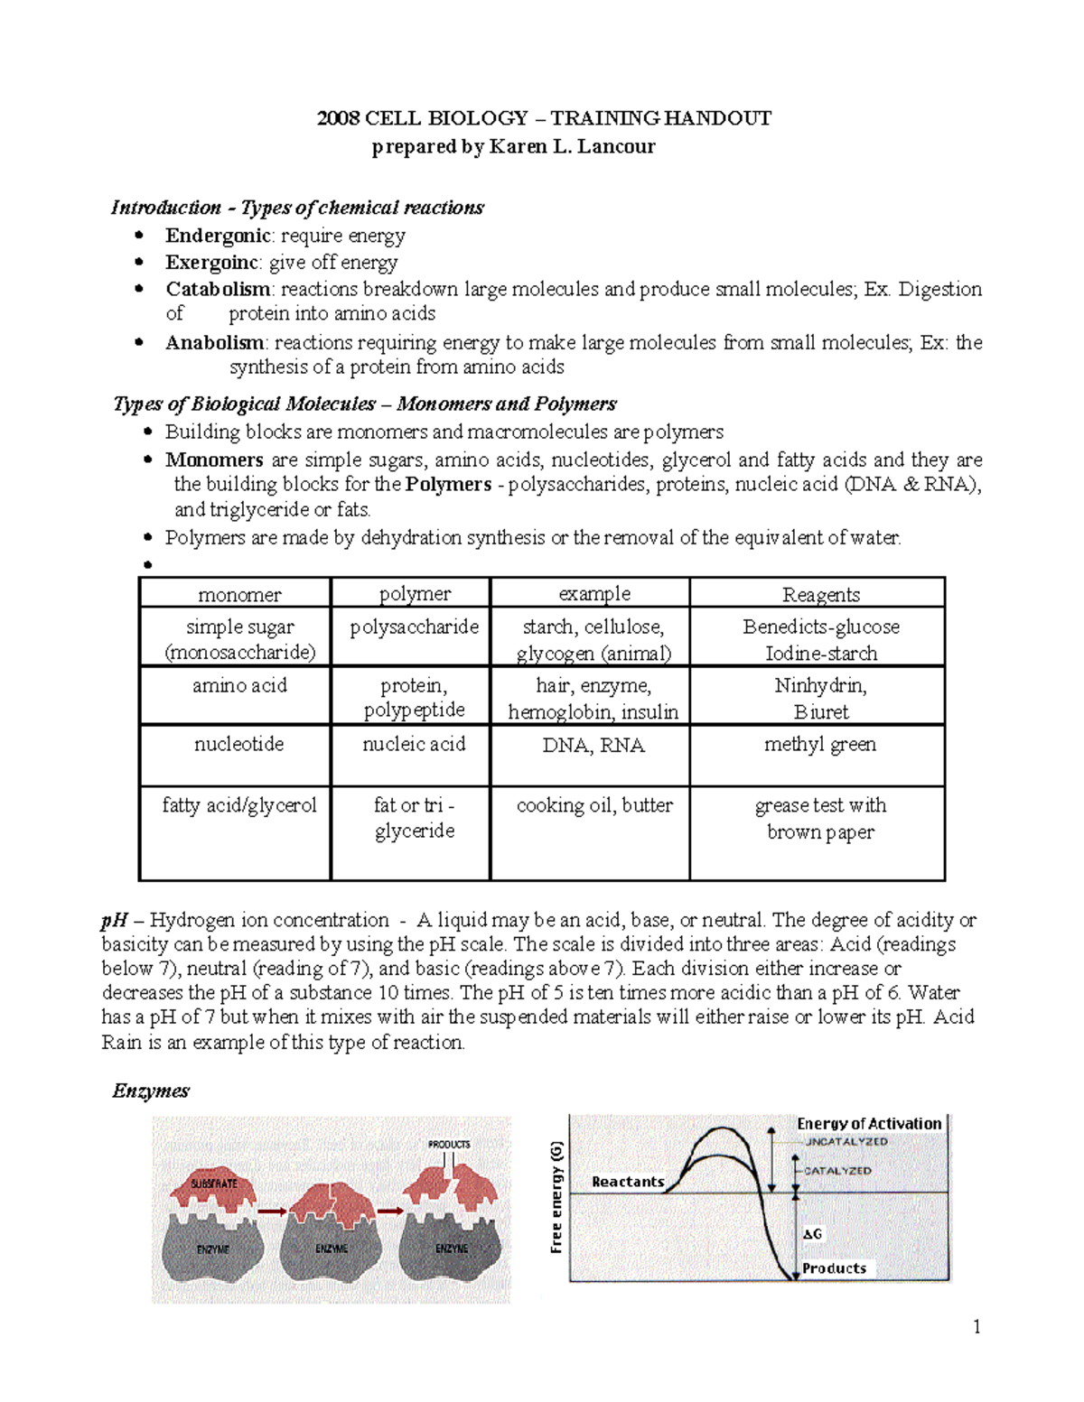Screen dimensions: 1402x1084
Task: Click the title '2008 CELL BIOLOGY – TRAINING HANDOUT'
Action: click(544, 118)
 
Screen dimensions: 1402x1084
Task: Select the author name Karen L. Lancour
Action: click(572, 146)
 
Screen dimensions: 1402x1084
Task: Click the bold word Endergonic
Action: click(218, 236)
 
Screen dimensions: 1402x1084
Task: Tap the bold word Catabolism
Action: click(218, 289)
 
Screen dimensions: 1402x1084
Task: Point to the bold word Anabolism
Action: click(214, 343)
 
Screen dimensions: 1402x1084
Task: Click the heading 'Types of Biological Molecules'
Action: click(244, 404)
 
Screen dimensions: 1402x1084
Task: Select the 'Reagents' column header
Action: click(820, 594)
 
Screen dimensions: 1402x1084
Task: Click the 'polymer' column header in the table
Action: click(414, 594)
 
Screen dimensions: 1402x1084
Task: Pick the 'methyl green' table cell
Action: click(819, 745)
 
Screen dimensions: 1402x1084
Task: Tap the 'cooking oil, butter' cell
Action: click(593, 805)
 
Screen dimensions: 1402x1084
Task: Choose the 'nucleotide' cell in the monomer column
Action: click(238, 745)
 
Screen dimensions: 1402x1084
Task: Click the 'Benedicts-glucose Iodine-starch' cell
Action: click(820, 639)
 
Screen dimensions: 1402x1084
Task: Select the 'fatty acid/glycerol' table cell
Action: click(238, 805)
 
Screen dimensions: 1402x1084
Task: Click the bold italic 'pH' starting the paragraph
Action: click(114, 920)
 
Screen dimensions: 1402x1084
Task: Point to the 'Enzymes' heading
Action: click(150, 1091)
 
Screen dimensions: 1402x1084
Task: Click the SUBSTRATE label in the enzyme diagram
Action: click(214, 1184)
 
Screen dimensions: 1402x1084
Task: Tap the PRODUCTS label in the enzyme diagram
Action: click(449, 1145)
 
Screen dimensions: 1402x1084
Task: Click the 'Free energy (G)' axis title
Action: click(556, 1197)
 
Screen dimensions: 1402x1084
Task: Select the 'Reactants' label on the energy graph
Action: click(627, 1182)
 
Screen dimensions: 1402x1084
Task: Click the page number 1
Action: click(977, 1326)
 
